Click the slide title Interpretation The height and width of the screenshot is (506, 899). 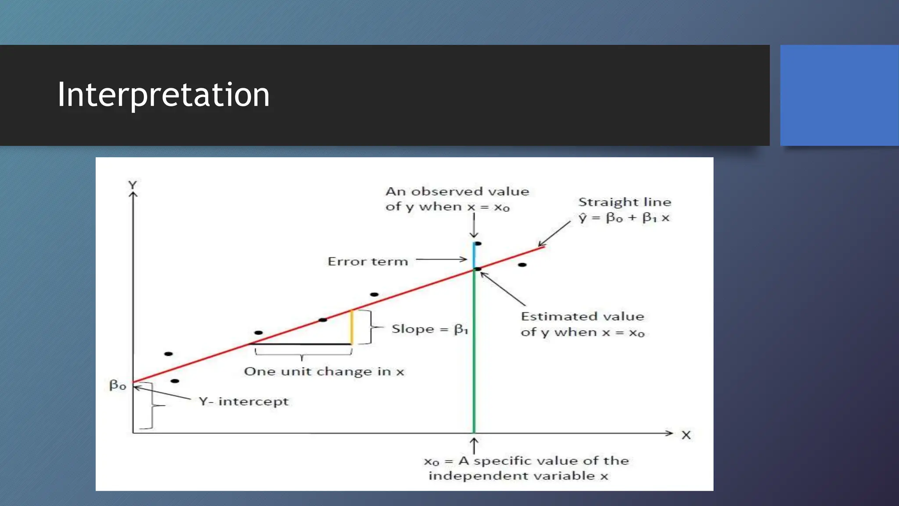163,94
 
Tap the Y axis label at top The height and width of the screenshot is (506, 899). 133,185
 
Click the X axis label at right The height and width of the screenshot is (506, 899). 686,435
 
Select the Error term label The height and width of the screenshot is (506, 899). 368,261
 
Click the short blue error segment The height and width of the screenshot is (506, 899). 474,256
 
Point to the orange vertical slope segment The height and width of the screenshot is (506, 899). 352,327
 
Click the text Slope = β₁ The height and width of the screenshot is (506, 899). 430,329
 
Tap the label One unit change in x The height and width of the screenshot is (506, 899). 324,372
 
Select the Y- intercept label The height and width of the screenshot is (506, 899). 244,401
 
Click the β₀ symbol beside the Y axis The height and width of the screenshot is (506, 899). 118,385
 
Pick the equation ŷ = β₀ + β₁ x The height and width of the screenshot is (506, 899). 624,217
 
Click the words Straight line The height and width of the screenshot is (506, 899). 625,202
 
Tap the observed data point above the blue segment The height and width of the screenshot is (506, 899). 478,243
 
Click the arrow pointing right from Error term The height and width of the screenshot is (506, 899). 441,260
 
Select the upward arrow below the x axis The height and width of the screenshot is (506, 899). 474,445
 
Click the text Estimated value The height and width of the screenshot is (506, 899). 583,316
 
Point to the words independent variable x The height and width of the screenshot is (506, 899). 518,476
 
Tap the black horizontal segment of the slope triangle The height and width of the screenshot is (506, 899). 303,344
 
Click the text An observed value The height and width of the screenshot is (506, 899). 457,192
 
